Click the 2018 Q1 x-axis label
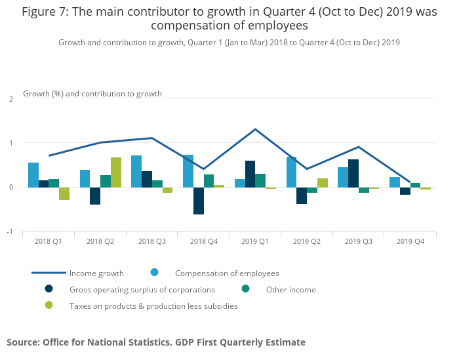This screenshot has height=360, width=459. (x=49, y=242)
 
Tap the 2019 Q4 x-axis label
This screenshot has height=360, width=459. (x=410, y=242)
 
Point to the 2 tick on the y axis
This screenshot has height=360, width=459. (x=11, y=99)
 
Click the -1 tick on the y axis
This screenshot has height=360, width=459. (x=10, y=231)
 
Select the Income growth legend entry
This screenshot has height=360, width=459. (x=96, y=273)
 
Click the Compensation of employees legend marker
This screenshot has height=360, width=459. (x=154, y=273)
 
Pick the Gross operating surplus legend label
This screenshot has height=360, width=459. (x=142, y=289)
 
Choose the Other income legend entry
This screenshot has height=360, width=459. (x=290, y=289)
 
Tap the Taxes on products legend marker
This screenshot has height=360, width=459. (x=49, y=306)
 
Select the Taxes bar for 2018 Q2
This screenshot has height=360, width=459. (x=116, y=172)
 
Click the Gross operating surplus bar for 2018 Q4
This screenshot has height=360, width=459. (x=199, y=201)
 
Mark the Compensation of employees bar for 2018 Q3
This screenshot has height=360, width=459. (x=136, y=171)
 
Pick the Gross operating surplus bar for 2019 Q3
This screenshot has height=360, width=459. (x=353, y=173)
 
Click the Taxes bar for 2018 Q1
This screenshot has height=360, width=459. (x=64, y=193)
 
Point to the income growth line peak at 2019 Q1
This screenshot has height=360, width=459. (x=255, y=129)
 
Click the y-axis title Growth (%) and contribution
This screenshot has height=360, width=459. (x=92, y=94)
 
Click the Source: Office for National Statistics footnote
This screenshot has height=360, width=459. (x=156, y=342)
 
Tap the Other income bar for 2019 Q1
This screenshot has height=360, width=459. (x=260, y=180)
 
